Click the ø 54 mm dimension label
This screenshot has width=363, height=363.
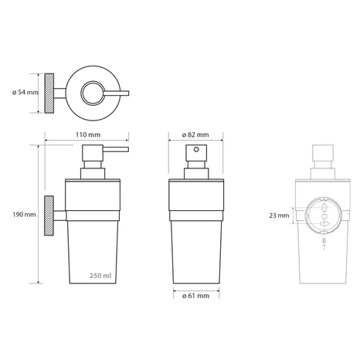click(x=25, y=92)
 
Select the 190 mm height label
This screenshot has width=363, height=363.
click(x=24, y=214)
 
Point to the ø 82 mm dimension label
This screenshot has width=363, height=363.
click(x=195, y=134)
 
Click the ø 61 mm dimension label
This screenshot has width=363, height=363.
click(x=195, y=296)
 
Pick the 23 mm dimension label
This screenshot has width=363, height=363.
click(x=279, y=215)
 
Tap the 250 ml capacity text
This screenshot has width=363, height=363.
click(x=100, y=276)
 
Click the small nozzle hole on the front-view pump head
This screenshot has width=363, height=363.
click(x=196, y=149)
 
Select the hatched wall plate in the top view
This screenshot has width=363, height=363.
click(x=49, y=93)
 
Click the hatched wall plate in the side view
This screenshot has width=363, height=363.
click(x=49, y=216)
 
